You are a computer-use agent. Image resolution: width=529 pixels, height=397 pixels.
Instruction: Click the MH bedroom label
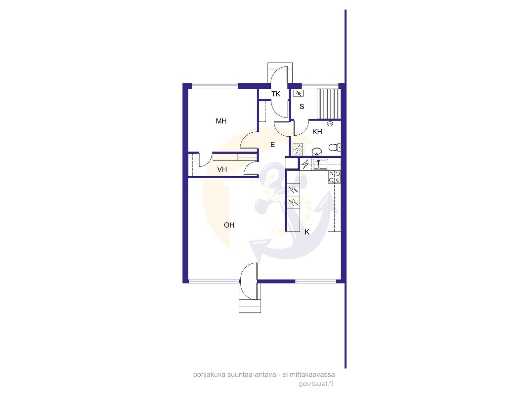point(221,121)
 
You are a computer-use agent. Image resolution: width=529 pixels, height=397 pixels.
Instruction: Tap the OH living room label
point(229,225)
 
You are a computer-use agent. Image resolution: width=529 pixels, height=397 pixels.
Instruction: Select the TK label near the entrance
point(276,94)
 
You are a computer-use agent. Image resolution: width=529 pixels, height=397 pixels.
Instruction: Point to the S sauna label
point(302,107)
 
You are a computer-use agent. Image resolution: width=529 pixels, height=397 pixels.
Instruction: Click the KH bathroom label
point(317,132)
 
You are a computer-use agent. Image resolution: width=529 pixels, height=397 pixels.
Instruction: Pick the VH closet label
point(222,169)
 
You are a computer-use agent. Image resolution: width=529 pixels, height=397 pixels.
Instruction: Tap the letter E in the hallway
point(272,145)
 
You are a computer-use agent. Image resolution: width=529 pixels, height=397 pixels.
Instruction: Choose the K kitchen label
point(307,232)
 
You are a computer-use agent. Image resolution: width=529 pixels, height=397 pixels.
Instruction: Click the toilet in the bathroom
point(335,147)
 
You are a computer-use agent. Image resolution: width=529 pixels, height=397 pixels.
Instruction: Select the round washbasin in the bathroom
point(317,152)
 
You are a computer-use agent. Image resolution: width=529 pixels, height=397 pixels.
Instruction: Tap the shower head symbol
point(330,124)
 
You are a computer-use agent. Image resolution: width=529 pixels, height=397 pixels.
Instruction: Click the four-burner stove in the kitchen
point(335,177)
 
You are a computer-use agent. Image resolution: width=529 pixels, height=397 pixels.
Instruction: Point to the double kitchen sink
point(320,164)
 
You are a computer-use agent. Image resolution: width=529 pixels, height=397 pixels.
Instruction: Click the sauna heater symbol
point(298,93)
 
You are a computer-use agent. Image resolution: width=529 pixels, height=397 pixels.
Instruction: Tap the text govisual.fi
point(316,384)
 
